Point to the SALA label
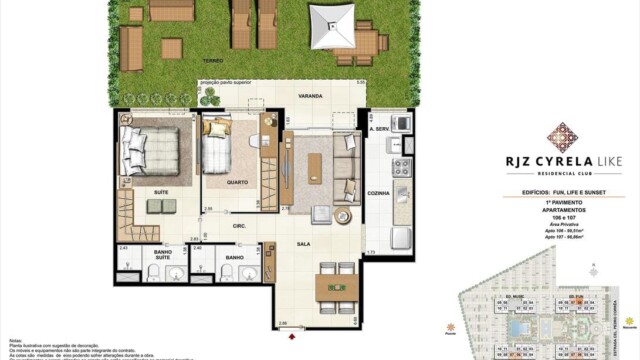coord(300,243)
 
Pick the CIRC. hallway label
coord(240,227)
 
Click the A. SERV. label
coord(378,129)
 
